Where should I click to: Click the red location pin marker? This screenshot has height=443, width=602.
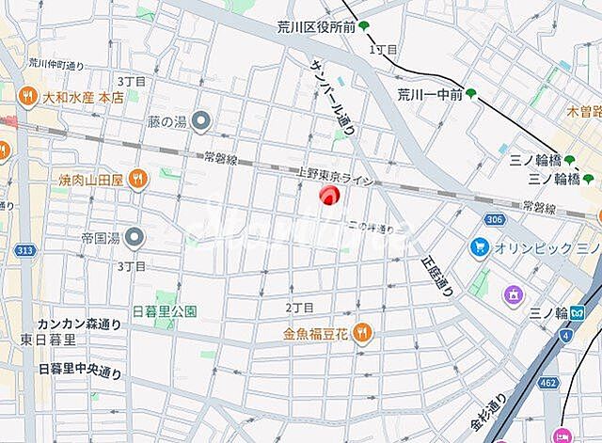(x=329, y=195)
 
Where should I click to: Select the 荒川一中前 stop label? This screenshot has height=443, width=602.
(x=430, y=93)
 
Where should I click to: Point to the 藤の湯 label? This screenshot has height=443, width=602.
(x=167, y=120)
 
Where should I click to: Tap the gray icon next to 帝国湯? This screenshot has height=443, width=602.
(x=134, y=236)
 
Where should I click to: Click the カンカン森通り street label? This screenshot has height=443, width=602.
(x=79, y=324)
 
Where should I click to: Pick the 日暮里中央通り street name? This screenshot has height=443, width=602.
(x=81, y=371)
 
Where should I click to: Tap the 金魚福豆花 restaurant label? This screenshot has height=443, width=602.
(x=315, y=332)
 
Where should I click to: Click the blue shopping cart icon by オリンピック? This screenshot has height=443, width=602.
(x=479, y=247)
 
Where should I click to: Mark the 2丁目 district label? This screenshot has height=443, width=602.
(x=298, y=308)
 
